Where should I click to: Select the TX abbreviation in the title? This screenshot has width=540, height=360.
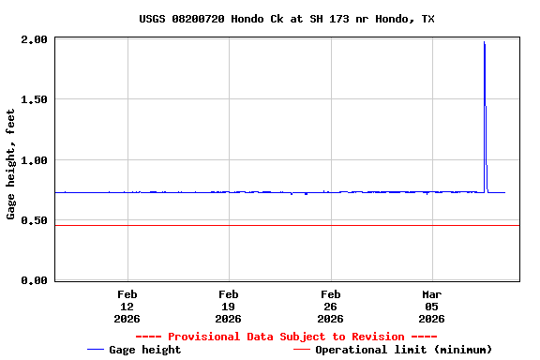pyautogui.click(x=427, y=19)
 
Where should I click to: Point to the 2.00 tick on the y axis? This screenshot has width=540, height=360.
pyautogui.click(x=33, y=40)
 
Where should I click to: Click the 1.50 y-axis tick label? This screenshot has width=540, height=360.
pyautogui.click(x=33, y=100)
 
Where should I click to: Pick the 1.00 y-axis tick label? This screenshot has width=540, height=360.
pyautogui.click(x=33, y=160)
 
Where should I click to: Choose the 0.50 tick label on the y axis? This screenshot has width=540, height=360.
pyautogui.click(x=33, y=220)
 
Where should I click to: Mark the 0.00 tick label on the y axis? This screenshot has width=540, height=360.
pyautogui.click(x=33, y=280)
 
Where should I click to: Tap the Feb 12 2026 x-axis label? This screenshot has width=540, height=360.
pyautogui.click(x=127, y=306)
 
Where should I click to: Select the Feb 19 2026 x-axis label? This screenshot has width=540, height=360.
pyautogui.click(x=228, y=306)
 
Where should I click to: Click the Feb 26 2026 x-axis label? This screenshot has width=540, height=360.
pyautogui.click(x=330, y=306)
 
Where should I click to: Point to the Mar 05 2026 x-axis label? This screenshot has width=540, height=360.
pyautogui.click(x=431, y=306)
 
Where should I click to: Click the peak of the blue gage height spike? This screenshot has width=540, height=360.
pyautogui.click(x=484, y=42)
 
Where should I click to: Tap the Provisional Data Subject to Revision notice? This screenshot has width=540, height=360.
pyautogui.click(x=286, y=337)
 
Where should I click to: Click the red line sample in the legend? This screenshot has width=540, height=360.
pyautogui.click(x=301, y=350)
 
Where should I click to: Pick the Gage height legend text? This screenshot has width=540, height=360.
pyautogui.click(x=145, y=350)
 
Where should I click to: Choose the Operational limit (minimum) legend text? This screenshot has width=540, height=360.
pyautogui.click(x=403, y=350)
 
